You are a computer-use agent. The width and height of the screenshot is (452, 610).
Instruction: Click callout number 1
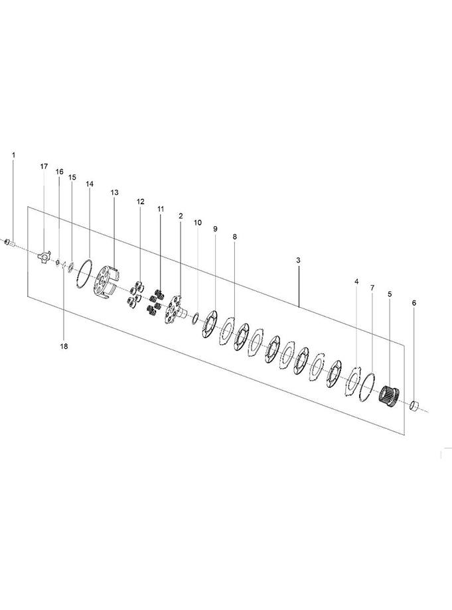coord(13,154)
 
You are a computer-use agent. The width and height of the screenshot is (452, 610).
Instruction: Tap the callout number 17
coord(44,166)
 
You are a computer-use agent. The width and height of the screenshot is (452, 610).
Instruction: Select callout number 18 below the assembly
coord(64,345)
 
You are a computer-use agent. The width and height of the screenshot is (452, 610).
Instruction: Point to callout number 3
coord(298,261)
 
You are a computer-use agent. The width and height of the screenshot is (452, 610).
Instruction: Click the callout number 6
coord(414,303)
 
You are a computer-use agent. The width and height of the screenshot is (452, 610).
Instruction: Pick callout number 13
coord(114,192)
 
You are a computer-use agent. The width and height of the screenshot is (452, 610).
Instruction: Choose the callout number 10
coord(197,223)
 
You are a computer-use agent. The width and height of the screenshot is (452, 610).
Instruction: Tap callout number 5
coord(390,294)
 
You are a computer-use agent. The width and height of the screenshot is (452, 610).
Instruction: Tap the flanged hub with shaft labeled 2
coord(175,308)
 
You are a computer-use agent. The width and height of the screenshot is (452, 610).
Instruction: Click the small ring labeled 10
coord(194,319)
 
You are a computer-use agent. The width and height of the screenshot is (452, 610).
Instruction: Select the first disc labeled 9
coord(211,325)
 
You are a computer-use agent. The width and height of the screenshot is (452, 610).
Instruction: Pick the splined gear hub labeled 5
coord(389,398)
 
